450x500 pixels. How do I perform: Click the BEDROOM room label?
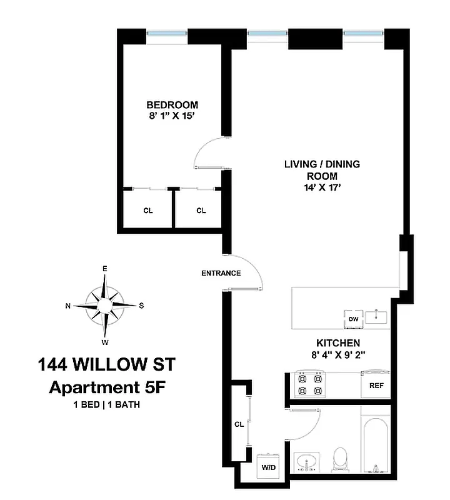(x=172, y=104)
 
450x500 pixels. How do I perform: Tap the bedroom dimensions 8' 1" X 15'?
(x=172, y=116)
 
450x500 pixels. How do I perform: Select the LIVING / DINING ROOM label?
(x=322, y=170)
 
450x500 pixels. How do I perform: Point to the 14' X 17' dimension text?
(x=321, y=187)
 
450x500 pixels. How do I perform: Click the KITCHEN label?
(x=337, y=343)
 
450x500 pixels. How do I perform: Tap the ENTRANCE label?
(x=221, y=273)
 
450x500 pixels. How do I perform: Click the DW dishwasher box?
(x=353, y=319)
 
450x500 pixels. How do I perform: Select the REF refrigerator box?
(x=376, y=386)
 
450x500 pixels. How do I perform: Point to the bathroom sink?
(x=306, y=464)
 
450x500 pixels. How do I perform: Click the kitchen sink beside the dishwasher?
(x=377, y=317)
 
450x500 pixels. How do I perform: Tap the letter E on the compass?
(x=105, y=269)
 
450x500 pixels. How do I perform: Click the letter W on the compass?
(x=105, y=342)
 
